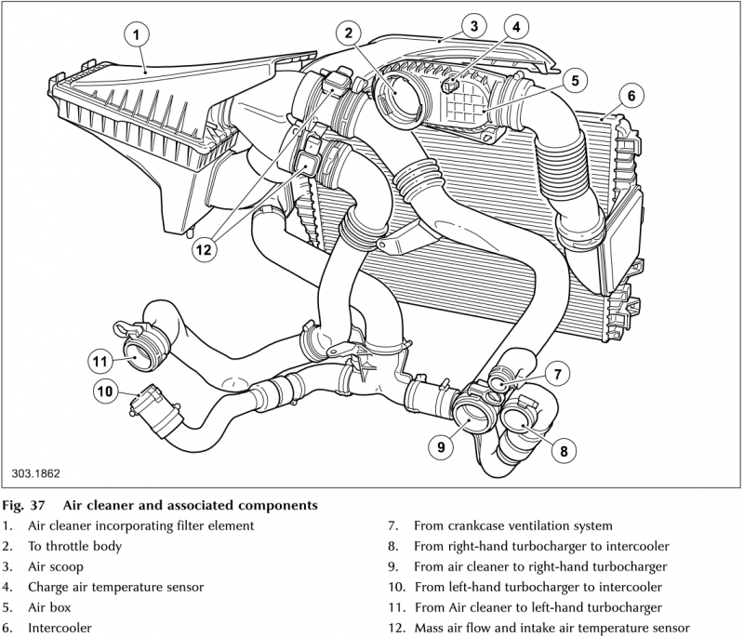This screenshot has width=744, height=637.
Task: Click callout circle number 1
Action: coord(136,35)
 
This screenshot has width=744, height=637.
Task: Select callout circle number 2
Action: coord(348,34)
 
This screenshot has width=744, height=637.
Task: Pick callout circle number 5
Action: coord(575,80)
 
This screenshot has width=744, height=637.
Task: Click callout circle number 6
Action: coord(630,95)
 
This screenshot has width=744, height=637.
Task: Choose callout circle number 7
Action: coord(556,375)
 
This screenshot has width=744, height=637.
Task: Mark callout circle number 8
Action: coord(562,451)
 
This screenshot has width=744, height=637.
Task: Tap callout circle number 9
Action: coord(442,446)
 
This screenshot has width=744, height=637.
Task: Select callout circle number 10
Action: coord(105,392)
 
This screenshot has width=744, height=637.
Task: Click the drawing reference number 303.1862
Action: coord(36,472)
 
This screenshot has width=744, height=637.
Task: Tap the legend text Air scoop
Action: coord(57,566)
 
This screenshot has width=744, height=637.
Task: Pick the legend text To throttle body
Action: coord(74,546)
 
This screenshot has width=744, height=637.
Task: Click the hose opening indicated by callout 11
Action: coord(142,352)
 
